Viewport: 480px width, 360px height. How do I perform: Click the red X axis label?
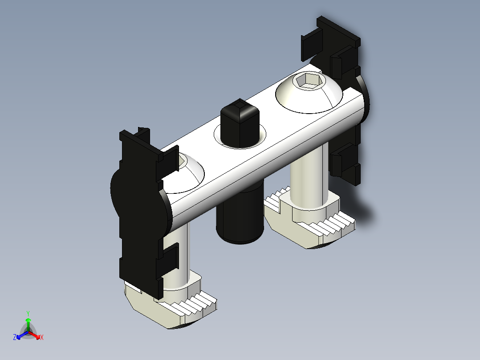coord(42,338)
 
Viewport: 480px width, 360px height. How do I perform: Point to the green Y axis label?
coord(28,313)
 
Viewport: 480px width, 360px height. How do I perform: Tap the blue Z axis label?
coord(15,338)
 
